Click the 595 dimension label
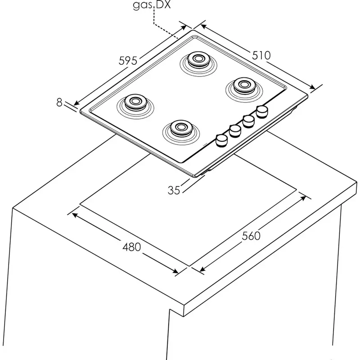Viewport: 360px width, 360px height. click(128, 60)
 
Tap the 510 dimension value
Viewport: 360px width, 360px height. click(261, 55)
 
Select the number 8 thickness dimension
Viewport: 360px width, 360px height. click(59, 102)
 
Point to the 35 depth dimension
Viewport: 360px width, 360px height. click(174, 190)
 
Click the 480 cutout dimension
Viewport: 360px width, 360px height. click(131, 247)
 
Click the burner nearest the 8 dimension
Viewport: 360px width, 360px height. click(134, 102)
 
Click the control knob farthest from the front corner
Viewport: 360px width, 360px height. click(261, 111)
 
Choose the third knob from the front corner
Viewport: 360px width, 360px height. click(248, 121)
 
